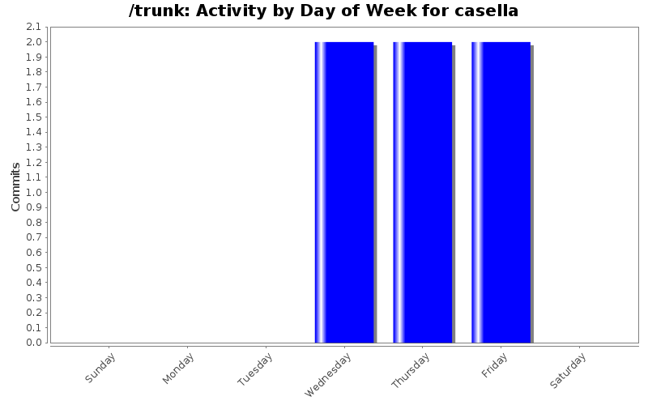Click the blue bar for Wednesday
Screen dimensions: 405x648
pos(344,192)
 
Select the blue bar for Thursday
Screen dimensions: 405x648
pos(423,192)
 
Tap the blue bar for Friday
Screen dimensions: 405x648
pos(501,192)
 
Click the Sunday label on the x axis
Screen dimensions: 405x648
pos(100,368)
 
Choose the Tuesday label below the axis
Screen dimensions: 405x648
pos(255,369)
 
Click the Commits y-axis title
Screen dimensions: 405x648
pos(15,186)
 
